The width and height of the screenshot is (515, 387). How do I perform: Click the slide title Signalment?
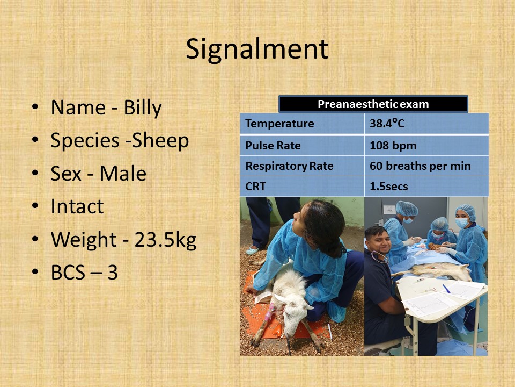click(x=257, y=49)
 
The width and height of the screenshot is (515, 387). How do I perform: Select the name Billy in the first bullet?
click(x=143, y=107)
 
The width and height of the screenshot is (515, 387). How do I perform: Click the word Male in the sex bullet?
click(x=123, y=174)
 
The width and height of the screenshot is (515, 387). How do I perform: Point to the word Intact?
click(x=77, y=206)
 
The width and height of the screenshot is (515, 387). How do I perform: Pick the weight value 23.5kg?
click(x=165, y=239)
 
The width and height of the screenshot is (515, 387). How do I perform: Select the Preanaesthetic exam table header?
click(x=373, y=104)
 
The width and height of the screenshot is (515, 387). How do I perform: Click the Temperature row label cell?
click(x=302, y=124)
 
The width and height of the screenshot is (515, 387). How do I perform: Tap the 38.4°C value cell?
click(x=426, y=124)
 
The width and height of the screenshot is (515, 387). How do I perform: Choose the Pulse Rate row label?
click(x=302, y=145)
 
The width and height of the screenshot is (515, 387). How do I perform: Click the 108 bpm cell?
click(x=426, y=145)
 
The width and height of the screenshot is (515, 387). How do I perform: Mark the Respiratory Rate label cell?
click(x=302, y=166)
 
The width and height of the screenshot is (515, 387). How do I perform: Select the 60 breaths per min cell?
click(x=426, y=166)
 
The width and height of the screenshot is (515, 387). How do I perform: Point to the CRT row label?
click(x=302, y=187)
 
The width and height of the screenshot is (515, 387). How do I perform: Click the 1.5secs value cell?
click(x=426, y=187)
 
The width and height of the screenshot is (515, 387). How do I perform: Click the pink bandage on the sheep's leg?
click(x=270, y=312)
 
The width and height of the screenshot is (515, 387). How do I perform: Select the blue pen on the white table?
click(x=446, y=289)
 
